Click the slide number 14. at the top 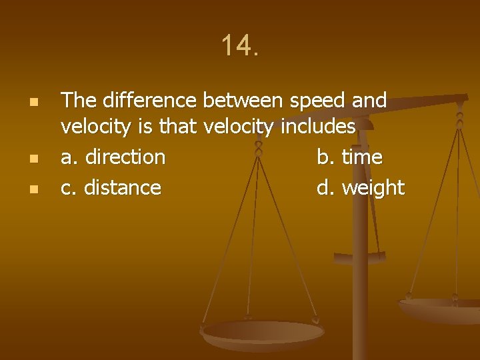(x=239, y=46)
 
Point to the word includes (x=319, y=126)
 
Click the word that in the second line (x=178, y=126)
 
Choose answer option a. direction (x=113, y=157)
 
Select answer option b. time (x=349, y=157)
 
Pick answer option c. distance (x=111, y=188)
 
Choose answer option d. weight (x=360, y=188)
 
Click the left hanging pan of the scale (x=263, y=333)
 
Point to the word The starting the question (x=79, y=101)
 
